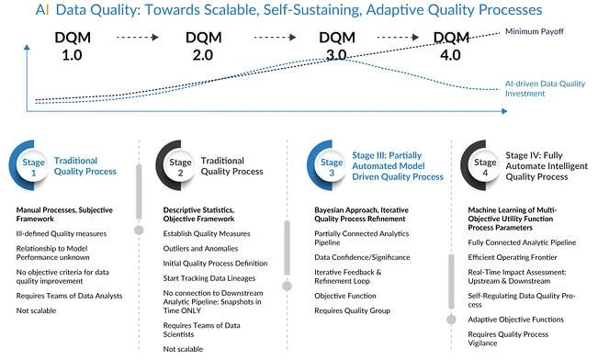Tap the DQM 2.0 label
203,46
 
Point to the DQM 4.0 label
451,46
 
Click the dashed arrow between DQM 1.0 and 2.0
131,39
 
